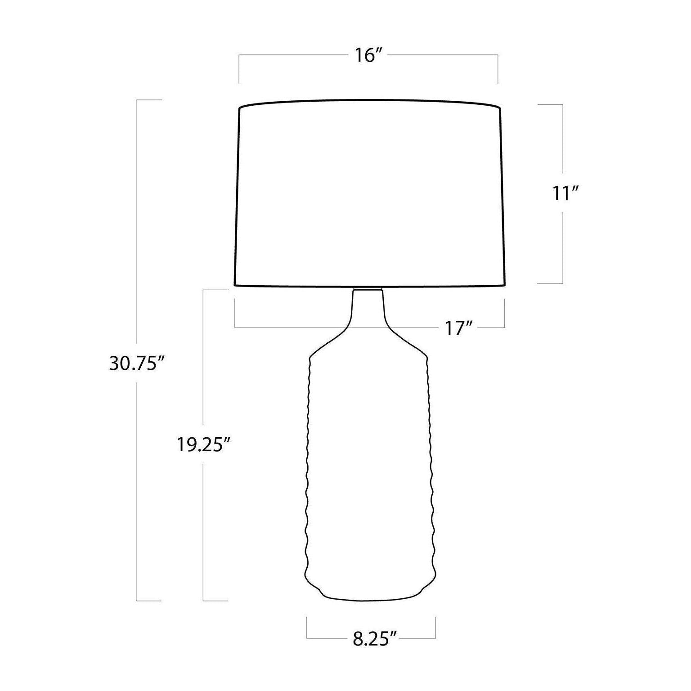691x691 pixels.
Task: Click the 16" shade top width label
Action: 368,56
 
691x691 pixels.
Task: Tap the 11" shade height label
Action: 565,193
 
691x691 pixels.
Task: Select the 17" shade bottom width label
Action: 458,328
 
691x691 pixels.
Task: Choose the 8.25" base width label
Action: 374,639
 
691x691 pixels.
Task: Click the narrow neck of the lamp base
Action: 368,310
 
